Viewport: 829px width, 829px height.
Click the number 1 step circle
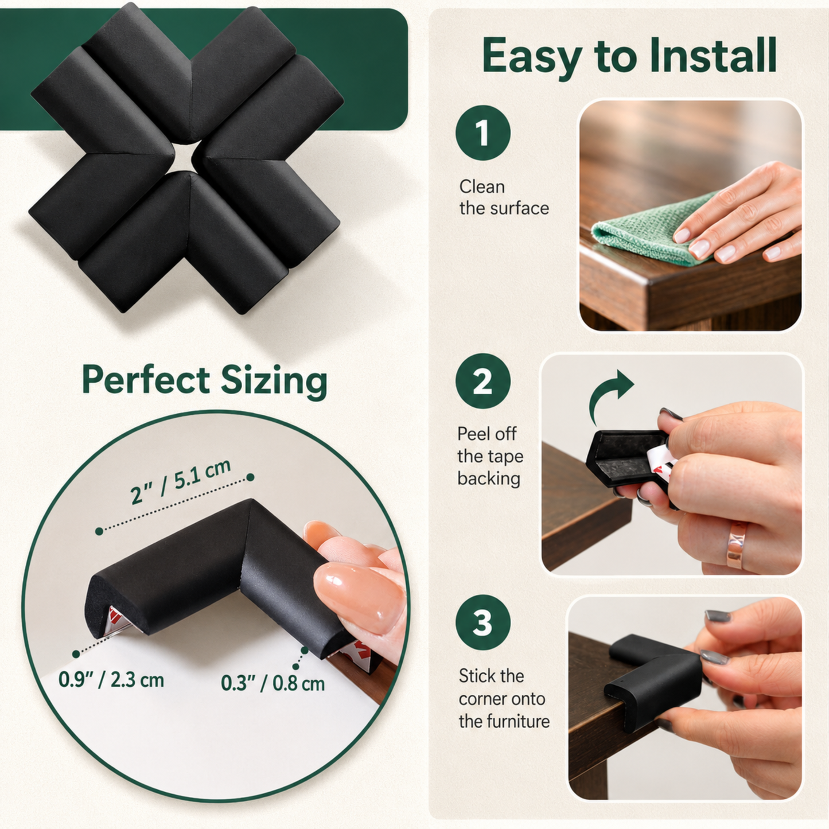[482, 133]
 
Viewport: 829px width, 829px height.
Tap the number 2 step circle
[482, 381]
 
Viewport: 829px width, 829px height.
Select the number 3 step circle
[482, 622]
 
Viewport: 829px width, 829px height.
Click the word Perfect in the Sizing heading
[146, 379]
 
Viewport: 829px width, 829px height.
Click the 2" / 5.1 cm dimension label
[181, 482]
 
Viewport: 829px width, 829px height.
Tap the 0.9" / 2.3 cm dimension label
[111, 680]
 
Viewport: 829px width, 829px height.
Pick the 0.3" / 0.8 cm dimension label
[273, 683]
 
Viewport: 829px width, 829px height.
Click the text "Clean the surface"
[504, 197]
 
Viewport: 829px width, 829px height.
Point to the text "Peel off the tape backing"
[491, 456]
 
